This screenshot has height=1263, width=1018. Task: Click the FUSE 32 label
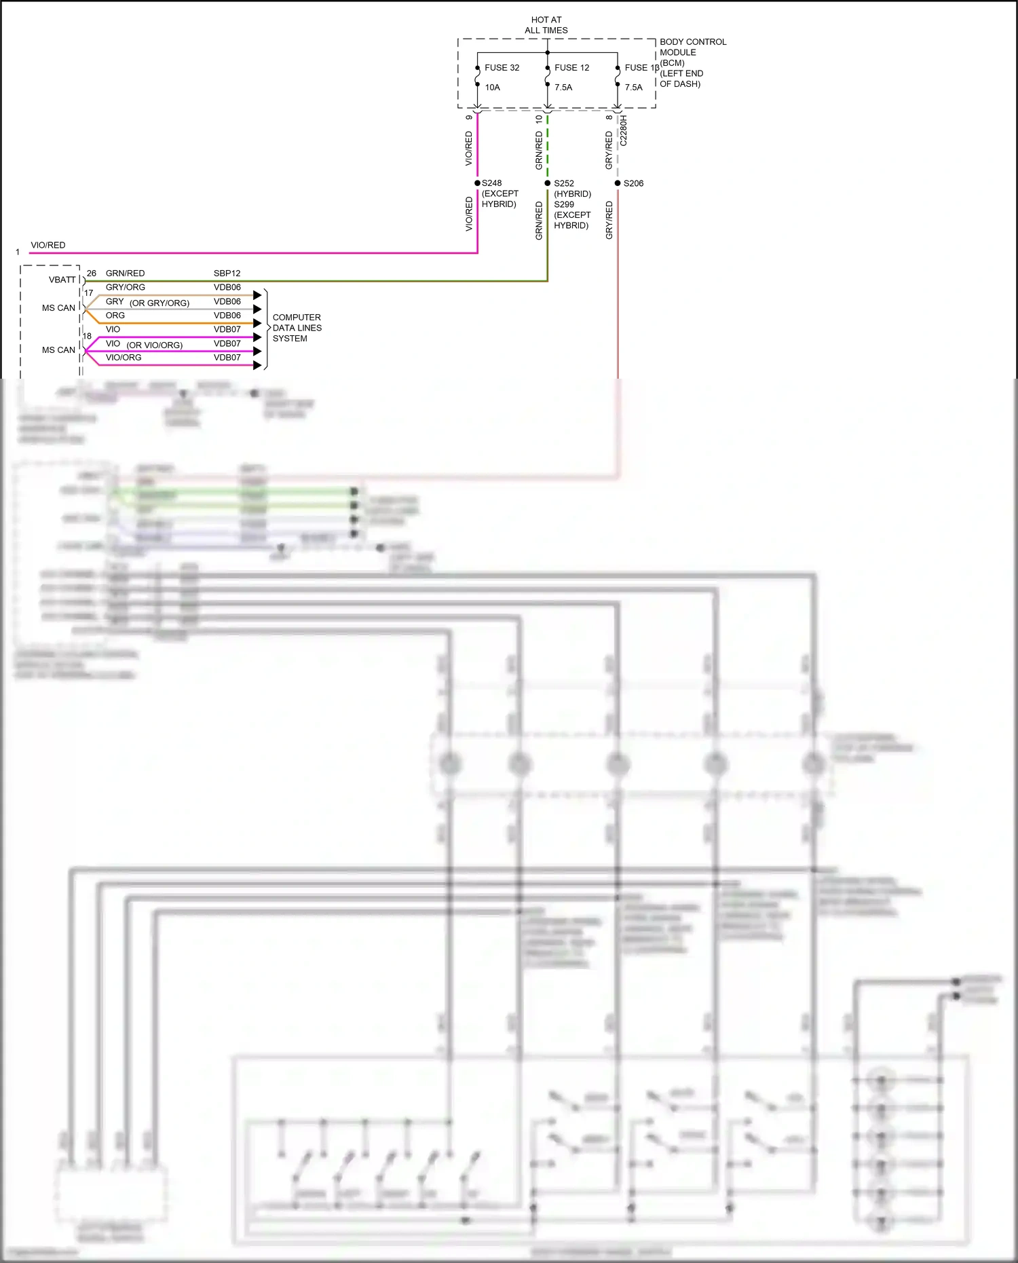tap(502, 68)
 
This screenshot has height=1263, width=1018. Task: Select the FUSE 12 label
tap(571, 68)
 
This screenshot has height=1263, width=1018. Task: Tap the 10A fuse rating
tap(492, 88)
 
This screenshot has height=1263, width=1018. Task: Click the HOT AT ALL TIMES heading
tap(546, 25)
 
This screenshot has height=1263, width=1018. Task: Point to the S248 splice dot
tap(478, 183)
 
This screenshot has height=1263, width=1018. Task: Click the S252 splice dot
tap(548, 183)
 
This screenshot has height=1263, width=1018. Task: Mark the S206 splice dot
tap(618, 183)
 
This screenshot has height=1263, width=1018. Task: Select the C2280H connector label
tap(624, 130)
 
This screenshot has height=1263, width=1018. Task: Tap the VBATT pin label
tap(62, 280)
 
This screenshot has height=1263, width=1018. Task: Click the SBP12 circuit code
tap(227, 274)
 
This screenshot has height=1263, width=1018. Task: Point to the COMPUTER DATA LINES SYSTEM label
tap(297, 328)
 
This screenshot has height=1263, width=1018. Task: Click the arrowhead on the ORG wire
tap(257, 323)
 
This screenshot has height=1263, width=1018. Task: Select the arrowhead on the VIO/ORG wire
tap(257, 365)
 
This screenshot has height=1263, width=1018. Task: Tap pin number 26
tap(92, 274)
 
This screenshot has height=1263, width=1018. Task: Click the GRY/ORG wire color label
tap(125, 287)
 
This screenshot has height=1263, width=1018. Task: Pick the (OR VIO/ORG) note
tap(154, 345)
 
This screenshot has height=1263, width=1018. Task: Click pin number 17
tap(89, 293)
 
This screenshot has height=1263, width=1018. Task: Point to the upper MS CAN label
tap(58, 308)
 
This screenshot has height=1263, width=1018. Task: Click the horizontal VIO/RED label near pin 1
tap(48, 245)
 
